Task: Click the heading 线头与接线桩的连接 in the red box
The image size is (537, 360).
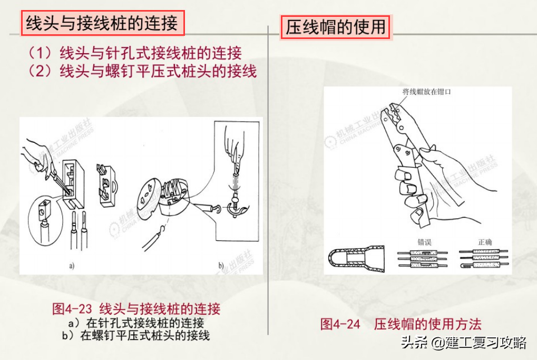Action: (103, 23)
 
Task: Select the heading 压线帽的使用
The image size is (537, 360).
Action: (336, 26)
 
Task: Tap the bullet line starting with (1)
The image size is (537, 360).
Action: (135, 53)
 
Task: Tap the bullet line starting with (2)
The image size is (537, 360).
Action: (142, 71)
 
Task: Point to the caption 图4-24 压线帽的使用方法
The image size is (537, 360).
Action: (401, 324)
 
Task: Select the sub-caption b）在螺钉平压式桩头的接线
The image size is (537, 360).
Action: (136, 335)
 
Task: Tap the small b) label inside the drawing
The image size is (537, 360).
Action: (221, 265)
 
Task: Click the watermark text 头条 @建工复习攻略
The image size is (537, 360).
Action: (464, 343)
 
